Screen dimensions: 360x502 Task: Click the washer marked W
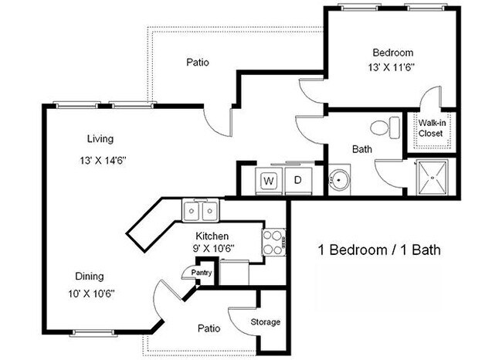[x=270, y=181]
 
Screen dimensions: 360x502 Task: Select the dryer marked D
[x=297, y=181]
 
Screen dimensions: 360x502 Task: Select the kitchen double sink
[x=202, y=210]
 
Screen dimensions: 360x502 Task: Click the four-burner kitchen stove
[x=273, y=241]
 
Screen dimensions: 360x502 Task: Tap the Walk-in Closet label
[x=430, y=127]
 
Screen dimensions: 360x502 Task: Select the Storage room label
[x=265, y=321]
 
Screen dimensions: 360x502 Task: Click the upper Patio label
[x=198, y=63]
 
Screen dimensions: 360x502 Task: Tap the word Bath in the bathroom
[x=362, y=149]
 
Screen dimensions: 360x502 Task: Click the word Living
[x=100, y=139]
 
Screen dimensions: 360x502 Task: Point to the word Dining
[x=90, y=276]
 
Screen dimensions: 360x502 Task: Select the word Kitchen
[x=210, y=235]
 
